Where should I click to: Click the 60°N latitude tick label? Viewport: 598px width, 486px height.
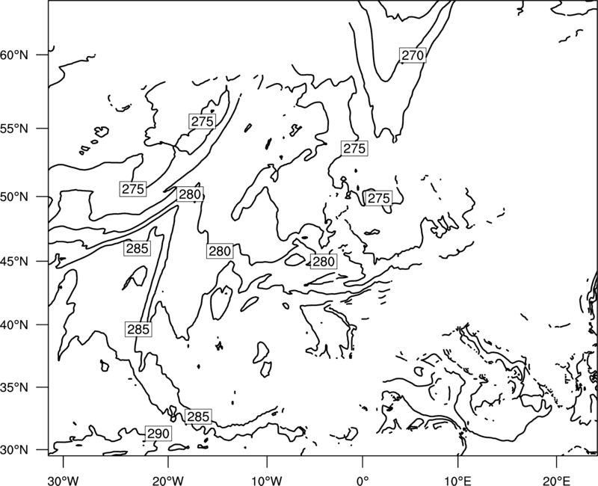[14, 55]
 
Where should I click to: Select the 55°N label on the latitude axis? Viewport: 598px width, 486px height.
[14, 129]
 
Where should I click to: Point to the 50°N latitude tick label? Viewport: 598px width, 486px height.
[14, 197]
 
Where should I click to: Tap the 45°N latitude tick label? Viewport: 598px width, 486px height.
[14, 262]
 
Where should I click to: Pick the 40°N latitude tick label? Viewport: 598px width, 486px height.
[14, 325]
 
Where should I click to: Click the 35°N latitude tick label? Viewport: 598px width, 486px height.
[14, 387]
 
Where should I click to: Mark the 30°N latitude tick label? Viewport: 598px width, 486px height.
[14, 450]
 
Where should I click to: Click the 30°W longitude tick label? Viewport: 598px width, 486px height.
[64, 481]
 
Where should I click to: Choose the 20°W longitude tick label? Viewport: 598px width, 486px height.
[167, 481]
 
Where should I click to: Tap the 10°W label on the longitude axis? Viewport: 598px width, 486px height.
[267, 481]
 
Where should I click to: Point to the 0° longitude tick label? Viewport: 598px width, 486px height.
[363, 481]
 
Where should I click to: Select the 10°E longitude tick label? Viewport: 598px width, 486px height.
[457, 481]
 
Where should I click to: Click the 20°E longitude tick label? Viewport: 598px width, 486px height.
[556, 481]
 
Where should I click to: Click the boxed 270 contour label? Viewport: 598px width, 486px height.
[413, 55]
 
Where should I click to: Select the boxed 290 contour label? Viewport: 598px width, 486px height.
[158, 434]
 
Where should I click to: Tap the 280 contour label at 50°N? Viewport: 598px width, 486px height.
[190, 194]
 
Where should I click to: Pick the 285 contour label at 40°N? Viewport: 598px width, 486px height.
[138, 329]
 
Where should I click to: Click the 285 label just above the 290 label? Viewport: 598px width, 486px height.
[198, 416]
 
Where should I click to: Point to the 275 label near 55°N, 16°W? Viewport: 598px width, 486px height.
[202, 121]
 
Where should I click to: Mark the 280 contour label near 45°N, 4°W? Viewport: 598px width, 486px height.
[324, 262]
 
